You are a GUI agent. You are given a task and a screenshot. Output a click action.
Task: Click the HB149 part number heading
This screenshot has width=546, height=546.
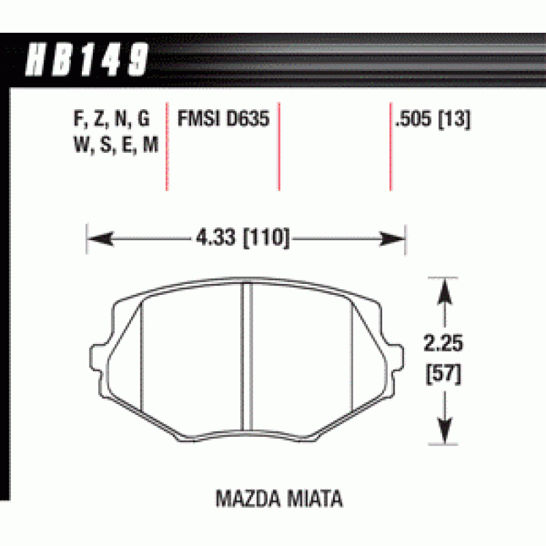tap(87, 59)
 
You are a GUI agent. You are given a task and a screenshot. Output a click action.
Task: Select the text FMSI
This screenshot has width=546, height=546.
tap(199, 118)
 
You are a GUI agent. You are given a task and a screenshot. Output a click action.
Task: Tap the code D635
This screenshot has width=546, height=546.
tap(248, 118)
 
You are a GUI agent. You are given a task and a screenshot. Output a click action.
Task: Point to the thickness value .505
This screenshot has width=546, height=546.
tap(414, 119)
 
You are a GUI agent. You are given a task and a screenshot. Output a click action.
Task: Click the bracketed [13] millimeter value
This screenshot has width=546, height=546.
tap(454, 119)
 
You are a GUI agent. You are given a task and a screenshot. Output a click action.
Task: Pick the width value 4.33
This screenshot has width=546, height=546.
tap(216, 237)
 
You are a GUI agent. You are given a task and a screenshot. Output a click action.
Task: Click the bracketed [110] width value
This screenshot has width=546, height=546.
tap(266, 238)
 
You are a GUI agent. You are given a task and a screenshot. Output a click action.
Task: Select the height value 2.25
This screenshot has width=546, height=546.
tap(443, 343)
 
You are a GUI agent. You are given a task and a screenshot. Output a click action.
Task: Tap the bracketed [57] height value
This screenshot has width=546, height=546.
tap(443, 374)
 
